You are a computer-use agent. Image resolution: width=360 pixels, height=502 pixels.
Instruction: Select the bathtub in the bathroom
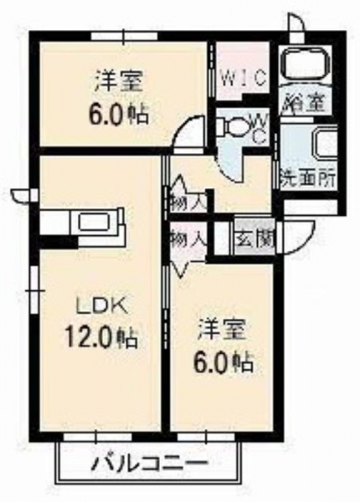pyautogui.click(x=304, y=64)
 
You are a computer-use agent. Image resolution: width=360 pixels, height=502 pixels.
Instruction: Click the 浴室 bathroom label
pyautogui.click(x=305, y=102)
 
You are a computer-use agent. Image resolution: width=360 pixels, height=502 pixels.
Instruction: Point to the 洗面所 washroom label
pyautogui.click(x=308, y=177)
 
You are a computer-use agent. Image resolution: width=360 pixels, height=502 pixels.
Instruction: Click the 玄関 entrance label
pyautogui.click(x=255, y=238)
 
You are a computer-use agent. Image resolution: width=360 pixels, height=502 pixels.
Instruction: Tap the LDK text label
pyautogui.click(x=101, y=307)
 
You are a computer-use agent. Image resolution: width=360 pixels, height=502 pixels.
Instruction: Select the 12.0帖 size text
pyautogui.click(x=101, y=338)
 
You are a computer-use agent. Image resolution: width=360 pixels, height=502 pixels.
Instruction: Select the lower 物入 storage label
pyautogui.click(x=187, y=238)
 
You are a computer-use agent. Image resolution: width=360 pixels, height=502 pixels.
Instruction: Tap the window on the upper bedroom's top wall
pyautogui.click(x=124, y=36)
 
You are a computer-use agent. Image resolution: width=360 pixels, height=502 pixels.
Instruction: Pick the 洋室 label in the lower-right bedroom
pyautogui.click(x=223, y=330)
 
